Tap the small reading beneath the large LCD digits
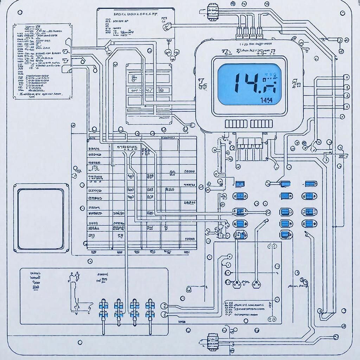click(x=266, y=100)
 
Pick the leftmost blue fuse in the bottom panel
click(x=103, y=307)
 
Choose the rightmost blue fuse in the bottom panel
click(x=150, y=307)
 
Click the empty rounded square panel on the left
click(x=41, y=218)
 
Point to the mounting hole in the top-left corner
click(x=20, y=12)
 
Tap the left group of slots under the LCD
click(x=236, y=123)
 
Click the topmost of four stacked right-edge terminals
click(x=346, y=77)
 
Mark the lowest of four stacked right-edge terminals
click(x=346, y=105)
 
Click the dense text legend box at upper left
click(x=43, y=62)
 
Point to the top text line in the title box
click(x=135, y=15)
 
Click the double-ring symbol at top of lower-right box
click(x=271, y=247)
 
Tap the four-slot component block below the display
click(x=249, y=143)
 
